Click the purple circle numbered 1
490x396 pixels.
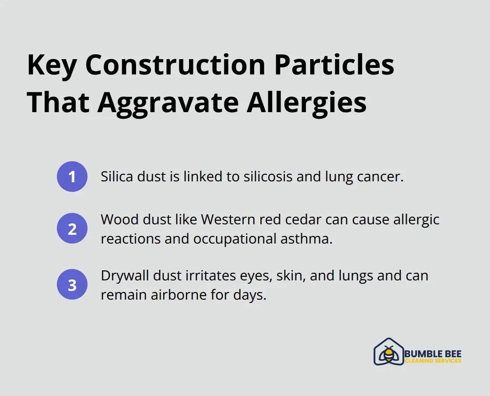[x=72, y=177]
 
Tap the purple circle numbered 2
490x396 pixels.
[x=72, y=228]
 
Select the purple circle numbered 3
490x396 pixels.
[x=72, y=284]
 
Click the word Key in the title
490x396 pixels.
[x=52, y=66]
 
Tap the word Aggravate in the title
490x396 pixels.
[x=168, y=103]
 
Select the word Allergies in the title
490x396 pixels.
[x=307, y=103]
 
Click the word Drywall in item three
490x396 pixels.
[x=124, y=276]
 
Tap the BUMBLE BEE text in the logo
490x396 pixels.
[x=433, y=354]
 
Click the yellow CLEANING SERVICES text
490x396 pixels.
[x=433, y=361]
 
